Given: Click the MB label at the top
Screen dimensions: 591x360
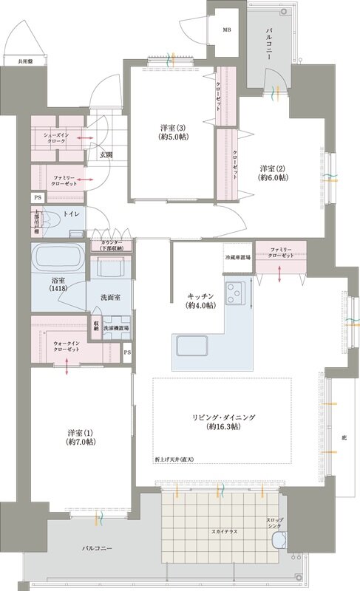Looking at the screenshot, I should click(226, 30).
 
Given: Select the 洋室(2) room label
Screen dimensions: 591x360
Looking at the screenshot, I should click(273, 173).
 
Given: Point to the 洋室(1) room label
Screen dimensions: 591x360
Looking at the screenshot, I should click(80, 437).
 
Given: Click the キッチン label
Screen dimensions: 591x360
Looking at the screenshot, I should click(200, 300).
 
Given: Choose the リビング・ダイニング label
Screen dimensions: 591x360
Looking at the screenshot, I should click(221, 422).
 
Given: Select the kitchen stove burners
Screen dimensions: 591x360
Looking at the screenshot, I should click(238, 293).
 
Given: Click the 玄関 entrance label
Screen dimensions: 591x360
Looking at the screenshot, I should click(101, 154).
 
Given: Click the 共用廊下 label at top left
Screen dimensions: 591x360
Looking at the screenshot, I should click(15, 62).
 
